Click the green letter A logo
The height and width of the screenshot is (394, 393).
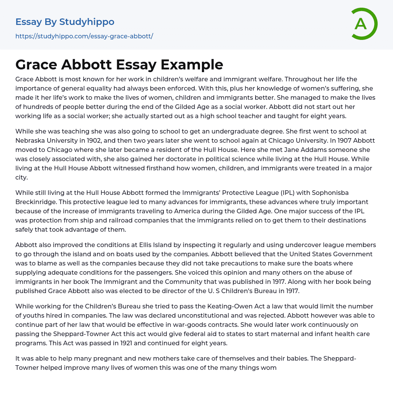[x=363, y=24]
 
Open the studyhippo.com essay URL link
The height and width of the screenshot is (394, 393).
[x=84, y=36]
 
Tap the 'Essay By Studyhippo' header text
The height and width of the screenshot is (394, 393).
[x=65, y=22]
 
